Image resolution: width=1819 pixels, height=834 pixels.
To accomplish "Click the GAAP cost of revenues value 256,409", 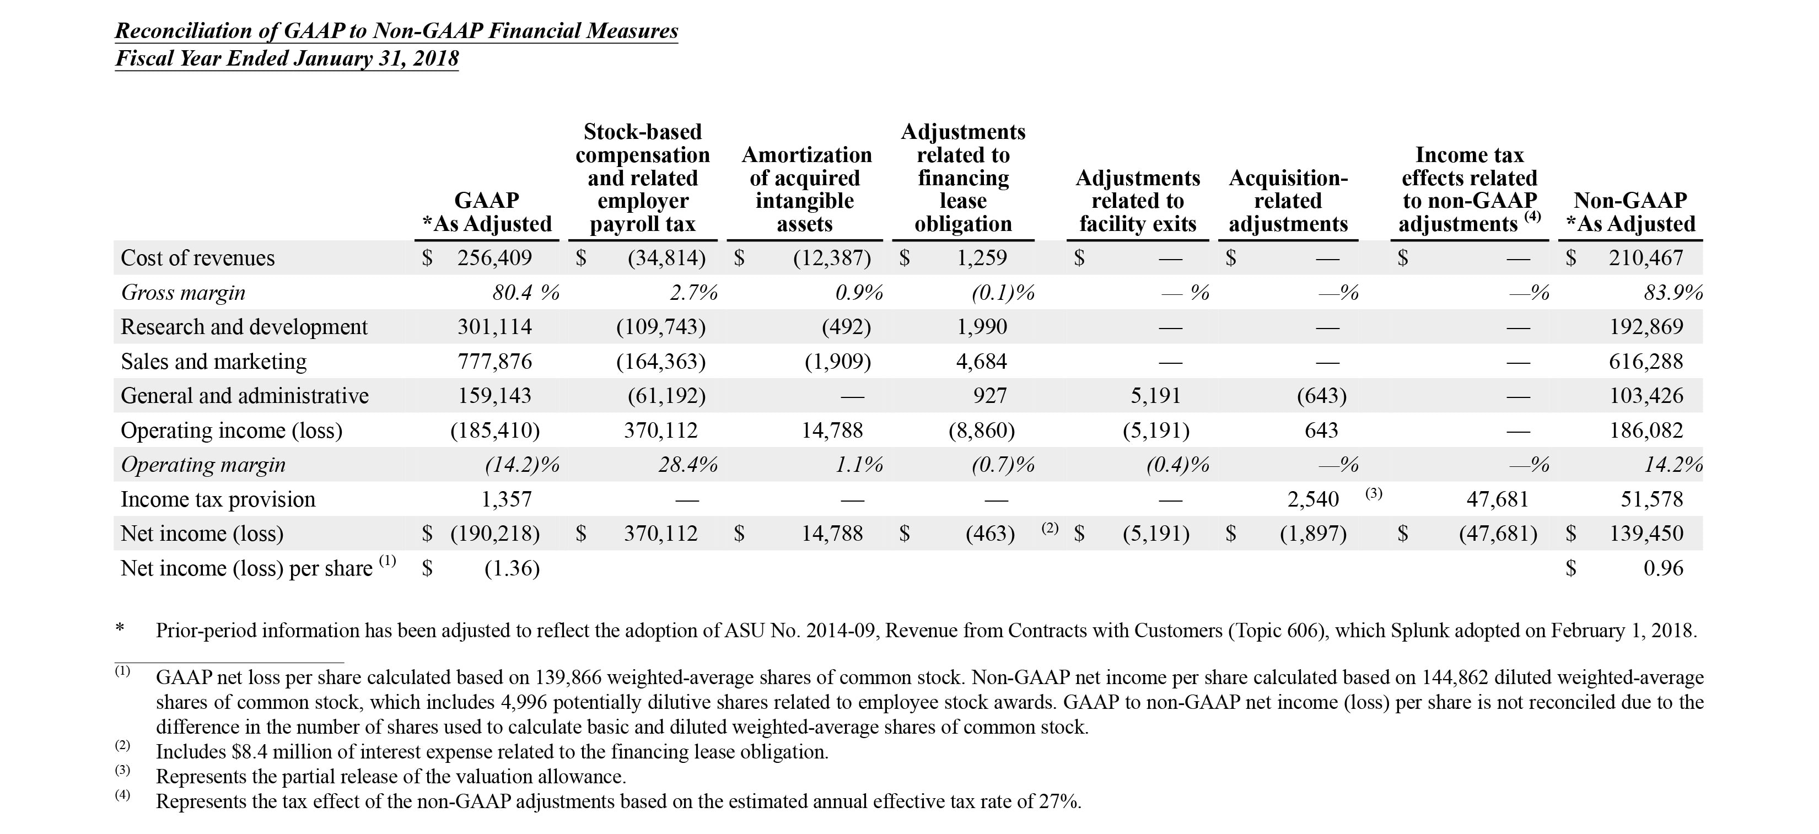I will [x=494, y=258].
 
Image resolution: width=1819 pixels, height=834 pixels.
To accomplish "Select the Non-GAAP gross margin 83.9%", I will [x=1673, y=292].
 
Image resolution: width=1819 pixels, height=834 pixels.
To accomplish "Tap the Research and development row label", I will [x=244, y=327].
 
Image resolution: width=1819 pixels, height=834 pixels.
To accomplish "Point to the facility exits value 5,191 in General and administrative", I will [x=1155, y=395].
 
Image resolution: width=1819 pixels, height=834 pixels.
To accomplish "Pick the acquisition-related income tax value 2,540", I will [x=1312, y=499].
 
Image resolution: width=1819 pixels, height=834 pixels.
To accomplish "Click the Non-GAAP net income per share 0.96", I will [x=1663, y=568].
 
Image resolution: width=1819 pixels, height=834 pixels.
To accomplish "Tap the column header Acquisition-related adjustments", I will [x=1288, y=201].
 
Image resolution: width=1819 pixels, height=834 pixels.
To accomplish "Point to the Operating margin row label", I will [x=203, y=465].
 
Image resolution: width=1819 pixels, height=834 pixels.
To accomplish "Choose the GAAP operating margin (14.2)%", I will [x=522, y=465].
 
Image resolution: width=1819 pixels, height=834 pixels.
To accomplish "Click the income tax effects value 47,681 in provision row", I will [x=1497, y=499].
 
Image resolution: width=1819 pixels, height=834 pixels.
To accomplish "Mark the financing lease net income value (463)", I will [x=990, y=533].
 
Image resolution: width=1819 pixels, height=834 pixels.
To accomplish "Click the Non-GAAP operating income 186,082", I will [x=1646, y=430].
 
